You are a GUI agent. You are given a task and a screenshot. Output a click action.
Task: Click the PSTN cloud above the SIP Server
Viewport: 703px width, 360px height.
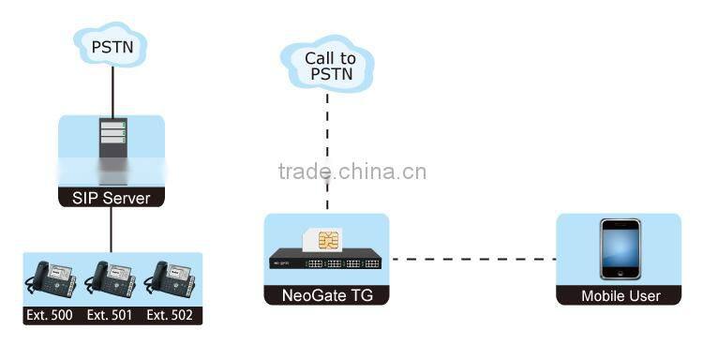pyautogui.click(x=112, y=43)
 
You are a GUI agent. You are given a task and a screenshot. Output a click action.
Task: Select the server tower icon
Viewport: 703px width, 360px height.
pyautogui.click(x=112, y=142)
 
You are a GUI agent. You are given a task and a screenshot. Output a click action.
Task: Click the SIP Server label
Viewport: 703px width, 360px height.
pyautogui.click(x=112, y=198)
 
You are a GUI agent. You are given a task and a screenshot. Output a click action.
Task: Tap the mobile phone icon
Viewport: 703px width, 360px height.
pyautogui.click(x=620, y=249)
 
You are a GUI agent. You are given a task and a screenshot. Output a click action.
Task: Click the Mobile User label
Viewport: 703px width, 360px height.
pyautogui.click(x=620, y=296)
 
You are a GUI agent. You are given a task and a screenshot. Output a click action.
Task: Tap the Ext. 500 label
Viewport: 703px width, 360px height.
pyautogui.click(x=49, y=316)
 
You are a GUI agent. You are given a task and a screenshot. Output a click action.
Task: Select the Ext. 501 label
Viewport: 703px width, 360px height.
pyautogui.click(x=110, y=316)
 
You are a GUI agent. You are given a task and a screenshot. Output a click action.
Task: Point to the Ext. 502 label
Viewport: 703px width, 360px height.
pyautogui.click(x=170, y=316)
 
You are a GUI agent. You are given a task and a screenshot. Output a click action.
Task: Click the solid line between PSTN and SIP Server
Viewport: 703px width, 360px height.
pyautogui.click(x=112, y=89)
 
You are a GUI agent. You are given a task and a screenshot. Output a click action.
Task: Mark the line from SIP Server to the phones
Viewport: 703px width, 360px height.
pyautogui.click(x=112, y=230)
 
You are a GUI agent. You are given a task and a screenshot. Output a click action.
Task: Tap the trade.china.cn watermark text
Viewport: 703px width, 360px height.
pyautogui.click(x=352, y=172)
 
